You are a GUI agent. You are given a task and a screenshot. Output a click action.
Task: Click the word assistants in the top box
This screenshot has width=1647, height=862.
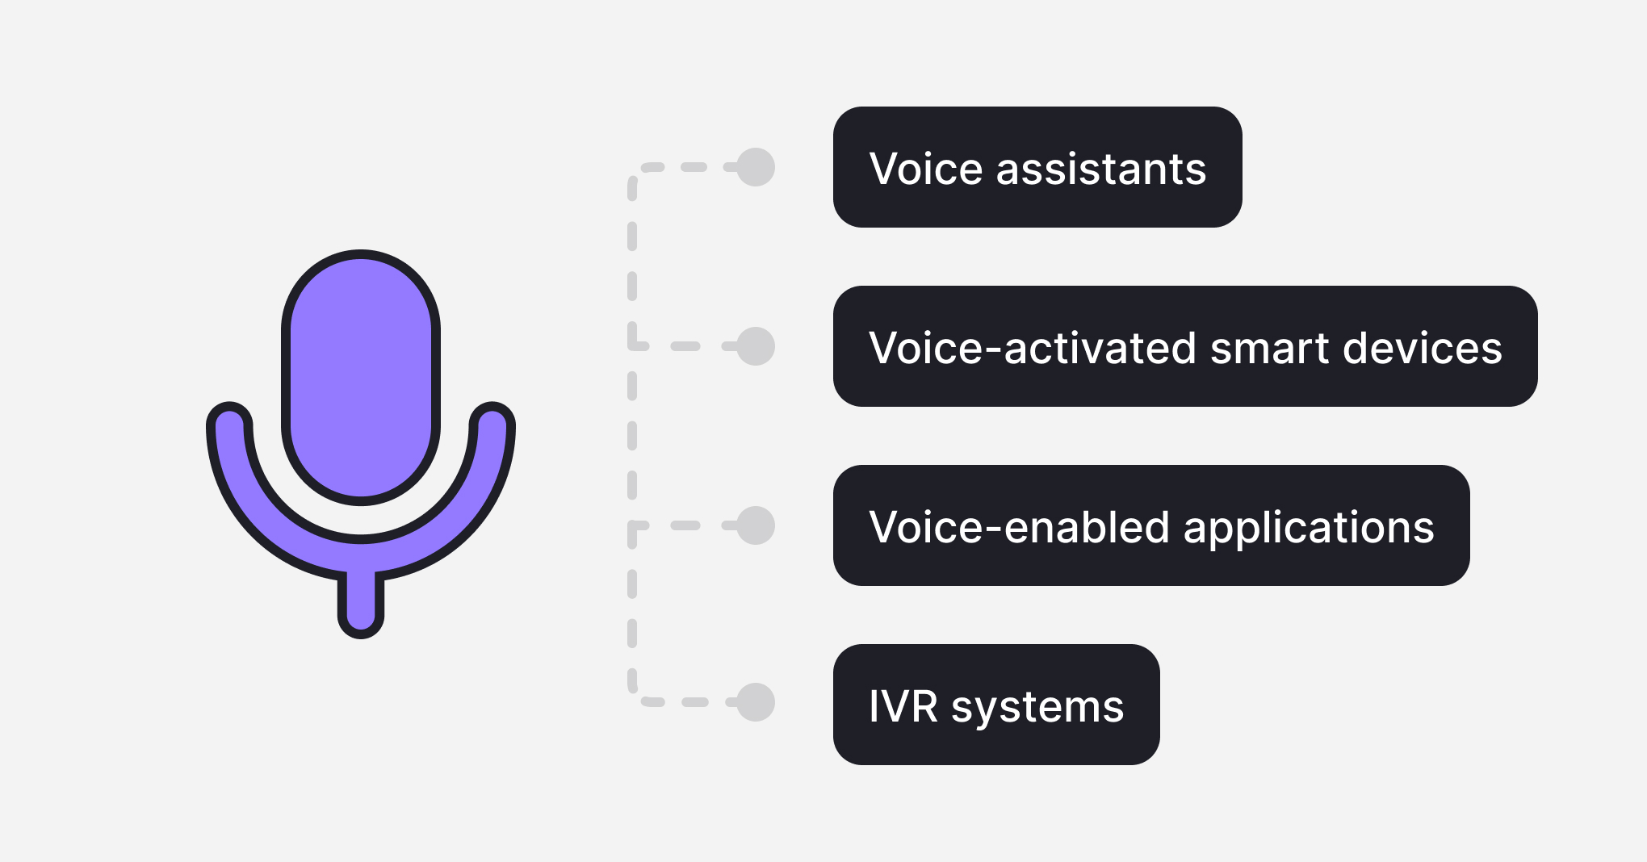click(x=1101, y=169)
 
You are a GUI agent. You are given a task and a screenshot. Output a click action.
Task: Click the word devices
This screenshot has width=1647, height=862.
click(x=1422, y=349)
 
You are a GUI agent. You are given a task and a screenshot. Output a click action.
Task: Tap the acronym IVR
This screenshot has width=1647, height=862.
click(x=903, y=707)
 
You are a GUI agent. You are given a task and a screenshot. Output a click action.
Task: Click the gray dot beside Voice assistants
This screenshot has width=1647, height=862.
click(x=756, y=167)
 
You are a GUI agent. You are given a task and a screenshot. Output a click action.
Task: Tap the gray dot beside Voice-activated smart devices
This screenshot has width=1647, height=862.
click(x=756, y=346)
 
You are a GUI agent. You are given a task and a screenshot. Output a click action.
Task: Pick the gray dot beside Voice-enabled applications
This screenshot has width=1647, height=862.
click(x=756, y=525)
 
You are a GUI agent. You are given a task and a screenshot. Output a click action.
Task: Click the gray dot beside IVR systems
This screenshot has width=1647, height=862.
click(x=756, y=701)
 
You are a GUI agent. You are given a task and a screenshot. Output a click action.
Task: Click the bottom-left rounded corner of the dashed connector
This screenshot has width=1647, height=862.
click(x=636, y=695)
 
